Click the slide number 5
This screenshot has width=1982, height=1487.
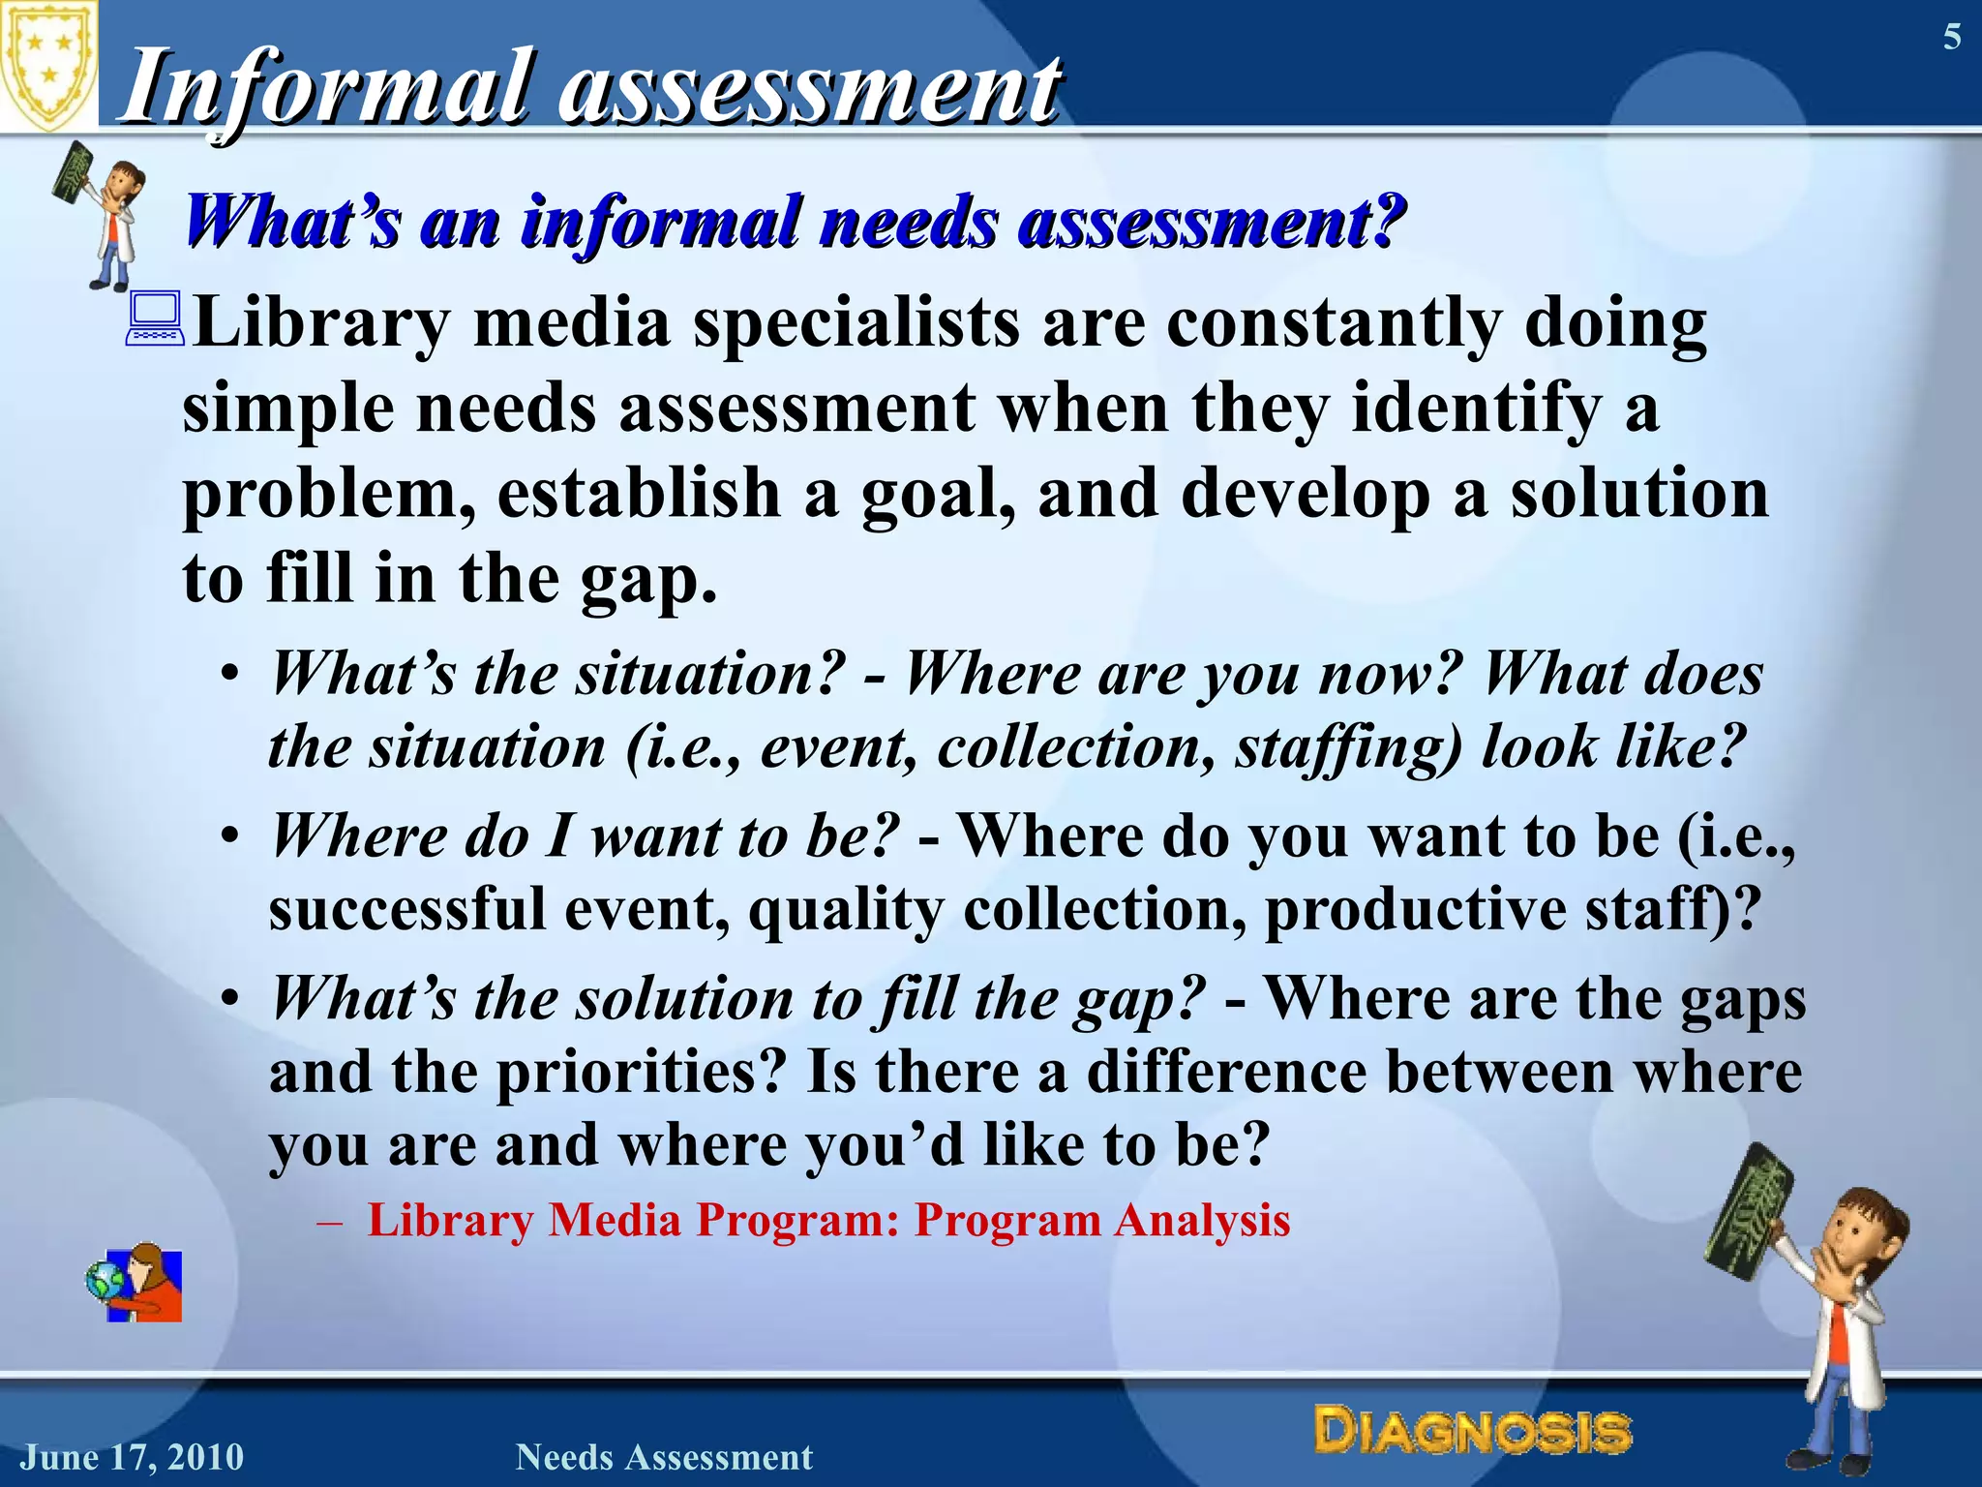click(x=1952, y=38)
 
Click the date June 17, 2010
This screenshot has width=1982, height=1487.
click(x=133, y=1457)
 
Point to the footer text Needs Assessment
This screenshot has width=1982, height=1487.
click(x=664, y=1457)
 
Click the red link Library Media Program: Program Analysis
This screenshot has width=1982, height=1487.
click(x=828, y=1220)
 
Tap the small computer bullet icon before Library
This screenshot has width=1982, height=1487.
click(x=155, y=321)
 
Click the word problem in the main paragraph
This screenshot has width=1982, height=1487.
click(x=329, y=494)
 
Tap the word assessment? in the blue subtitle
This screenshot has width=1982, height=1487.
click(x=1210, y=223)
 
